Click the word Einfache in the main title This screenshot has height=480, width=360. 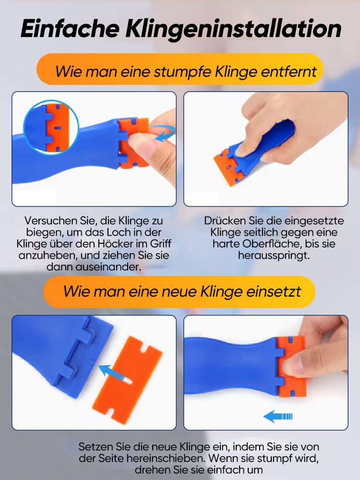click(70, 28)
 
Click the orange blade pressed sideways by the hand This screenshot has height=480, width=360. click(228, 165)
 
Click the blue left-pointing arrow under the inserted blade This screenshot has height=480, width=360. click(278, 416)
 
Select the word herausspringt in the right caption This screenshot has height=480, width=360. click(274, 255)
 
